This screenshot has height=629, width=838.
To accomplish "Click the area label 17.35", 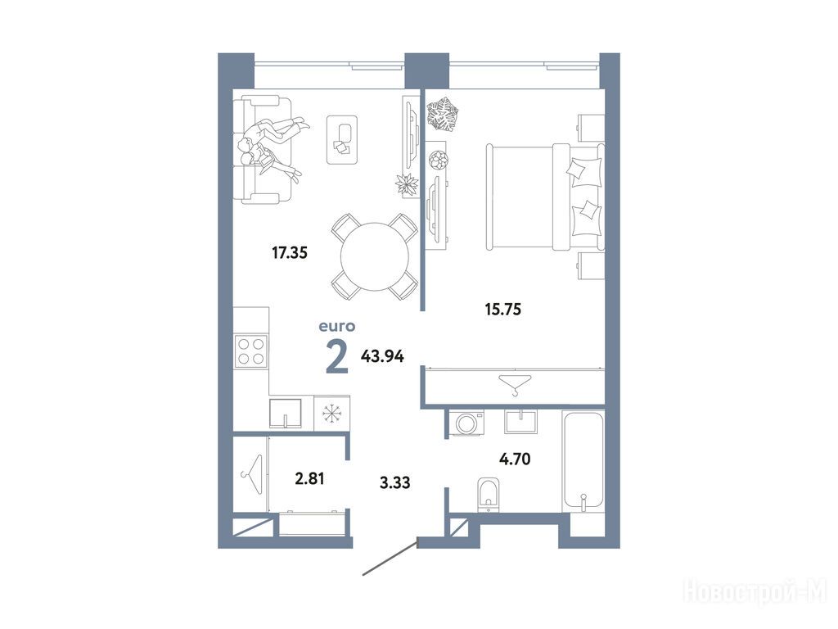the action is (290, 252).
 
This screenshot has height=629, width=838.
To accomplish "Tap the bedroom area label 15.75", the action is (503, 309).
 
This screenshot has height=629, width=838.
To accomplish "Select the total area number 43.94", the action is (382, 356).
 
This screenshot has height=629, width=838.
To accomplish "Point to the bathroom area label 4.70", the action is (515, 459).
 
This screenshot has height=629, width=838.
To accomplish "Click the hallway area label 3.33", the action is (395, 482).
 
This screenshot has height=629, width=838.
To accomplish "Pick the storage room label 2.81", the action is (310, 478).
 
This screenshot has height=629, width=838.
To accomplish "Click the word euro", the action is (337, 326).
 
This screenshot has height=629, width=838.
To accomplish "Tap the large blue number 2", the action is (337, 357).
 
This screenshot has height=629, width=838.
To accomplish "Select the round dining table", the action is (375, 256).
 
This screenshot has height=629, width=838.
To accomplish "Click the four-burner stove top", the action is (251, 351).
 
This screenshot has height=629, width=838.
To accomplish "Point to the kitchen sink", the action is (286, 414).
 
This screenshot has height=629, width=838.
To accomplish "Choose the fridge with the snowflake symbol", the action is (332, 413).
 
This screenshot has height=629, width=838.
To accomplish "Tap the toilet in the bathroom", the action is (488, 494).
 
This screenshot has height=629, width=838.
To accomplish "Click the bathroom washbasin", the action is (520, 422).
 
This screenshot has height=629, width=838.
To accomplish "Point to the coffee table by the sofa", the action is (342, 139).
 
